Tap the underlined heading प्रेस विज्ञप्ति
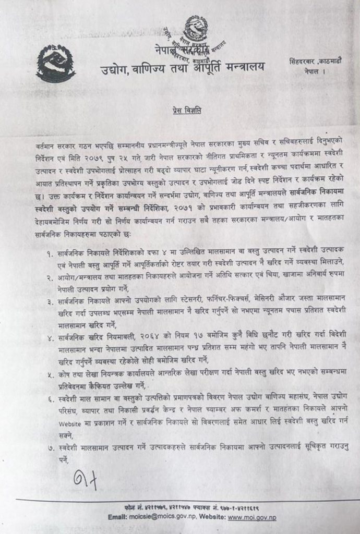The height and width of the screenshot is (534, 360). pos(186,111)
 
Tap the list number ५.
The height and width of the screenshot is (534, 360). pos(51,373)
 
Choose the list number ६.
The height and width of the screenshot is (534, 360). pos(51,397)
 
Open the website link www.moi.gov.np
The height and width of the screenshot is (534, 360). pos(253,517)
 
